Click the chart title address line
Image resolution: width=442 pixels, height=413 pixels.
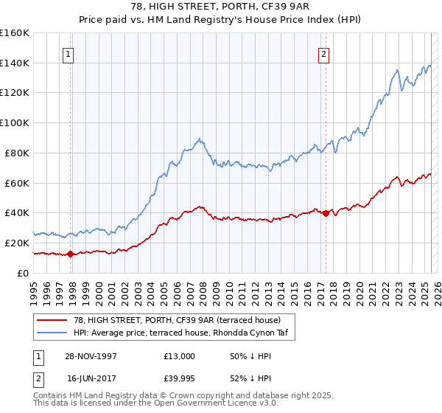[221, 8]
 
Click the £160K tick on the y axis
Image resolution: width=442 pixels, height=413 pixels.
[14, 33]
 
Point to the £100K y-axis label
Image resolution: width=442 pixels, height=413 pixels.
[14, 123]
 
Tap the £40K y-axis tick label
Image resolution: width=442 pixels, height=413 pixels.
[16, 212]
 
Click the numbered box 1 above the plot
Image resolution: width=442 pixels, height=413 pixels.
[68, 53]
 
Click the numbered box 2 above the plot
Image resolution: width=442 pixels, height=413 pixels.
[323, 53]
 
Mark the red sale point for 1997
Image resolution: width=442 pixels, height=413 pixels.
[71, 254]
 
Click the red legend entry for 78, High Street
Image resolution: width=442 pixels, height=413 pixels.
[176, 320]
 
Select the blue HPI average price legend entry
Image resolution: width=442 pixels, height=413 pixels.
[176, 333]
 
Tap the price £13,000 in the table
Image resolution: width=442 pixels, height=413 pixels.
[180, 356]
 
